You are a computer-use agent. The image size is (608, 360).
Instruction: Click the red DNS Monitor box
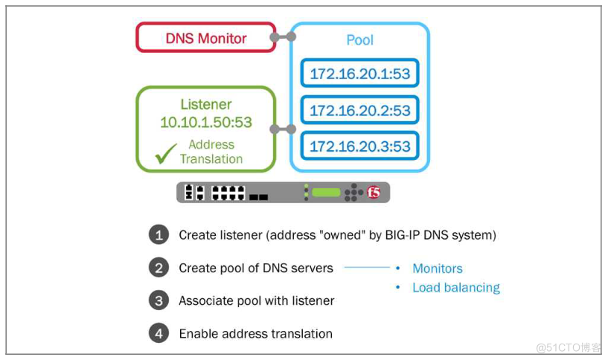coord(205,38)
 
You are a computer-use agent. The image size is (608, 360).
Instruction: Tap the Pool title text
coord(359,40)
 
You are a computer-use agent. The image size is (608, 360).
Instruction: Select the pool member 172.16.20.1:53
coord(360,74)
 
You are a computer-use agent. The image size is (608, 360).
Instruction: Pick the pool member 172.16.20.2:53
coord(360,110)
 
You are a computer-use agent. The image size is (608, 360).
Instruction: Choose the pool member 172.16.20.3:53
coord(360,147)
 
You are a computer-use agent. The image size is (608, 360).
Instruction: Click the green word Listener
coord(206,105)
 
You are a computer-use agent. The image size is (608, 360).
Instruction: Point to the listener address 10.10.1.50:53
coord(206,122)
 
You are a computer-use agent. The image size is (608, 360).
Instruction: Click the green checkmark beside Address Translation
coord(166,153)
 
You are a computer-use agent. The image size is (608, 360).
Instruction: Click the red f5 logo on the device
coord(374,193)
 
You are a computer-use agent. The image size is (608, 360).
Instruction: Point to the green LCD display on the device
coord(326,193)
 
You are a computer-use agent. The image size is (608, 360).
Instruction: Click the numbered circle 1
coord(159,235)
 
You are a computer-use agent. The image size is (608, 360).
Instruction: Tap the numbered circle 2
coord(159,268)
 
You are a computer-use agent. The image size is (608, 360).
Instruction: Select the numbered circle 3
coord(159,300)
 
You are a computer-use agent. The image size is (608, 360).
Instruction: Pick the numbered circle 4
coord(159,333)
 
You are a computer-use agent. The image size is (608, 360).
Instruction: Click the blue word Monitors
coord(438,269)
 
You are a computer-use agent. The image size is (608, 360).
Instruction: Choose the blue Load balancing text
coord(456,287)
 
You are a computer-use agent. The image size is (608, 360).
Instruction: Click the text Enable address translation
coord(256,333)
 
